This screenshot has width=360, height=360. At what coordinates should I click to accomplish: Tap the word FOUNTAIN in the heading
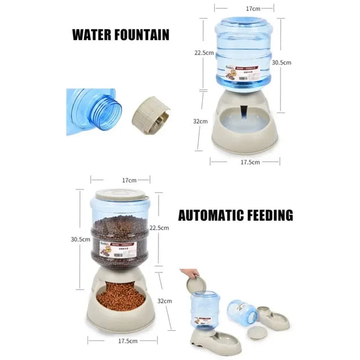pos(143,34)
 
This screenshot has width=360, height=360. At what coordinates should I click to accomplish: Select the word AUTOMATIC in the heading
pos(214,216)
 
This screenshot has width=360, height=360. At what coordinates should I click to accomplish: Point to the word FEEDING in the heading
pos(272,216)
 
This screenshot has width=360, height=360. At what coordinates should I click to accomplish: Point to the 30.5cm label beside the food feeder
pos(81,239)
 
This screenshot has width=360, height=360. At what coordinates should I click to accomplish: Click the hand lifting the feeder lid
pos(189,273)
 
